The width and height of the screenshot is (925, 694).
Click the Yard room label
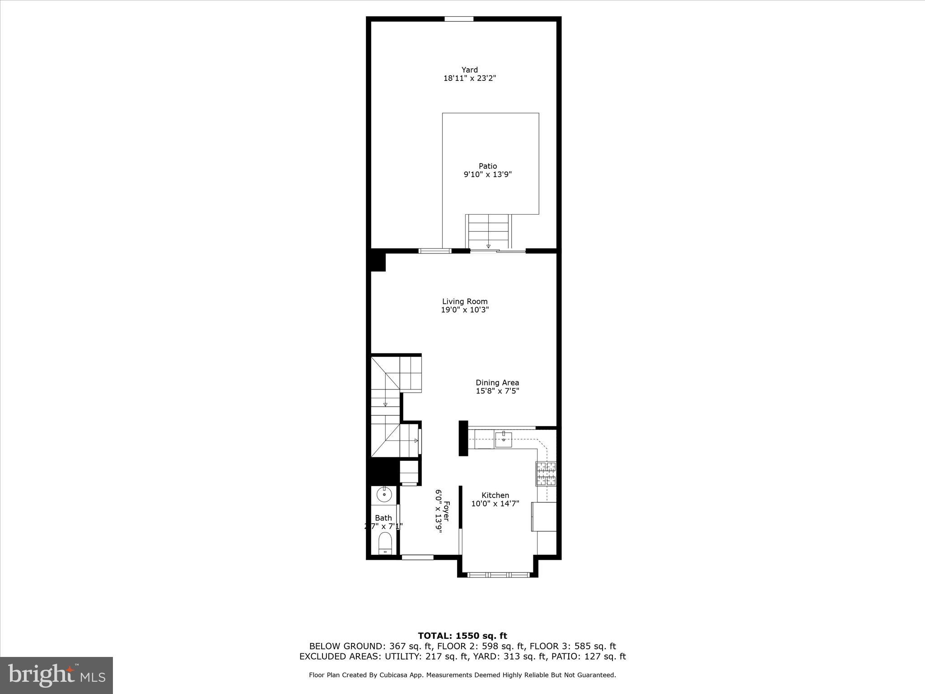coord(469,70)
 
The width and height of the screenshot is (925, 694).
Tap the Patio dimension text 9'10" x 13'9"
coord(488,174)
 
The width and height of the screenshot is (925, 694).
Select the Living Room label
coord(465,301)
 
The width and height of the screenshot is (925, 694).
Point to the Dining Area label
coord(497,383)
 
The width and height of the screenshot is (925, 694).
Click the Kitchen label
coord(495,495)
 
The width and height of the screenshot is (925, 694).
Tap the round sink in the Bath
coord(384,495)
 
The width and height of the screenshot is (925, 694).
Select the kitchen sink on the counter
coord(503,439)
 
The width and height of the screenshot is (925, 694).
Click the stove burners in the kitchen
coord(546,474)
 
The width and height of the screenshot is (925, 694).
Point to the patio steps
coord(488,231)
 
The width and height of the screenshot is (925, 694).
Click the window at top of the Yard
coord(459,19)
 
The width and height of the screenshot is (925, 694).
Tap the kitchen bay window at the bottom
coord(497,575)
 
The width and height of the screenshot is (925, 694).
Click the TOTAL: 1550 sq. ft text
coord(462,636)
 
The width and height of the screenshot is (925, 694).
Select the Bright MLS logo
coord(56,675)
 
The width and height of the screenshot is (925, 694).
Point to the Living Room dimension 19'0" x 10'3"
coord(465,310)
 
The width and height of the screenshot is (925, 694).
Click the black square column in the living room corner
coord(378,262)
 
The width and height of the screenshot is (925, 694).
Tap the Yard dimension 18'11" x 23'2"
coord(469,78)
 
